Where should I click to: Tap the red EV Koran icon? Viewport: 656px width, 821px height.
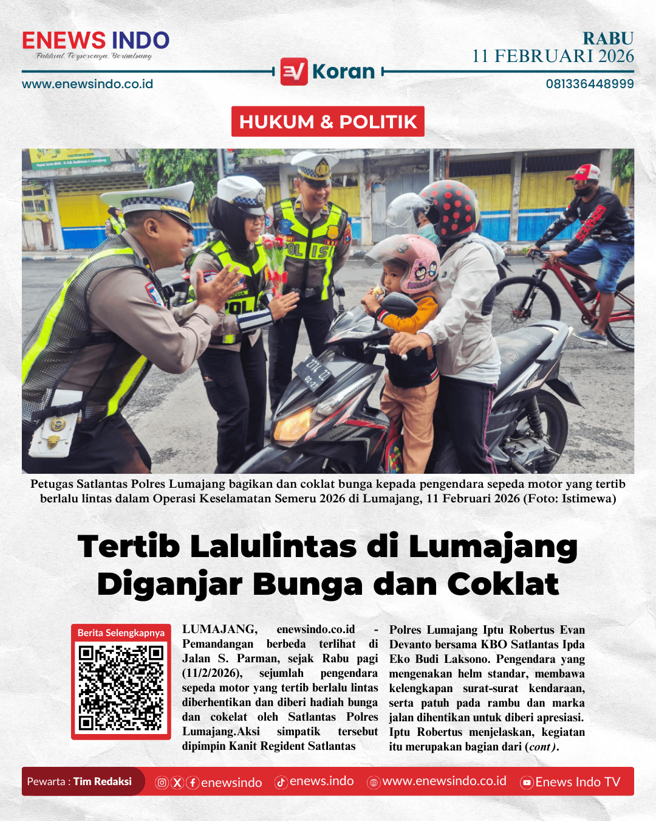pyautogui.click(x=294, y=72)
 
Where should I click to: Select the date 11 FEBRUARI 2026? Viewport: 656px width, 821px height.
pyautogui.click(x=553, y=57)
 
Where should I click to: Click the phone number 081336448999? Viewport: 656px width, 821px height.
pyautogui.click(x=589, y=84)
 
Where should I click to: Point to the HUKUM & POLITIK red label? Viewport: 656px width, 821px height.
pyautogui.click(x=328, y=122)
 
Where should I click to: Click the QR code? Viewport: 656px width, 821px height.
pyautogui.click(x=121, y=687)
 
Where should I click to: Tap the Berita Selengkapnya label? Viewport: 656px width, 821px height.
pyautogui.click(x=121, y=632)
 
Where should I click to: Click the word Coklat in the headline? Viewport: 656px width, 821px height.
pyautogui.click(x=503, y=584)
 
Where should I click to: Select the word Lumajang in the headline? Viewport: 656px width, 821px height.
pyautogui.click(x=493, y=546)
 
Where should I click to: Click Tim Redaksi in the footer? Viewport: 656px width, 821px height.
pyautogui.click(x=102, y=781)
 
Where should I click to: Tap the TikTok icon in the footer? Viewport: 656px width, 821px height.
pyautogui.click(x=281, y=783)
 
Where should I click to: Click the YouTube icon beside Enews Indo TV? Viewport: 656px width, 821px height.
pyautogui.click(x=527, y=783)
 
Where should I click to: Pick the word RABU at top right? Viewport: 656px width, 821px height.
pyautogui.click(x=608, y=38)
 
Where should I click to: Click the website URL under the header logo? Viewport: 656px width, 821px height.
pyautogui.click(x=87, y=84)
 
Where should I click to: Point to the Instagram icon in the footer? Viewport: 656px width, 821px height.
pyautogui.click(x=162, y=783)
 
